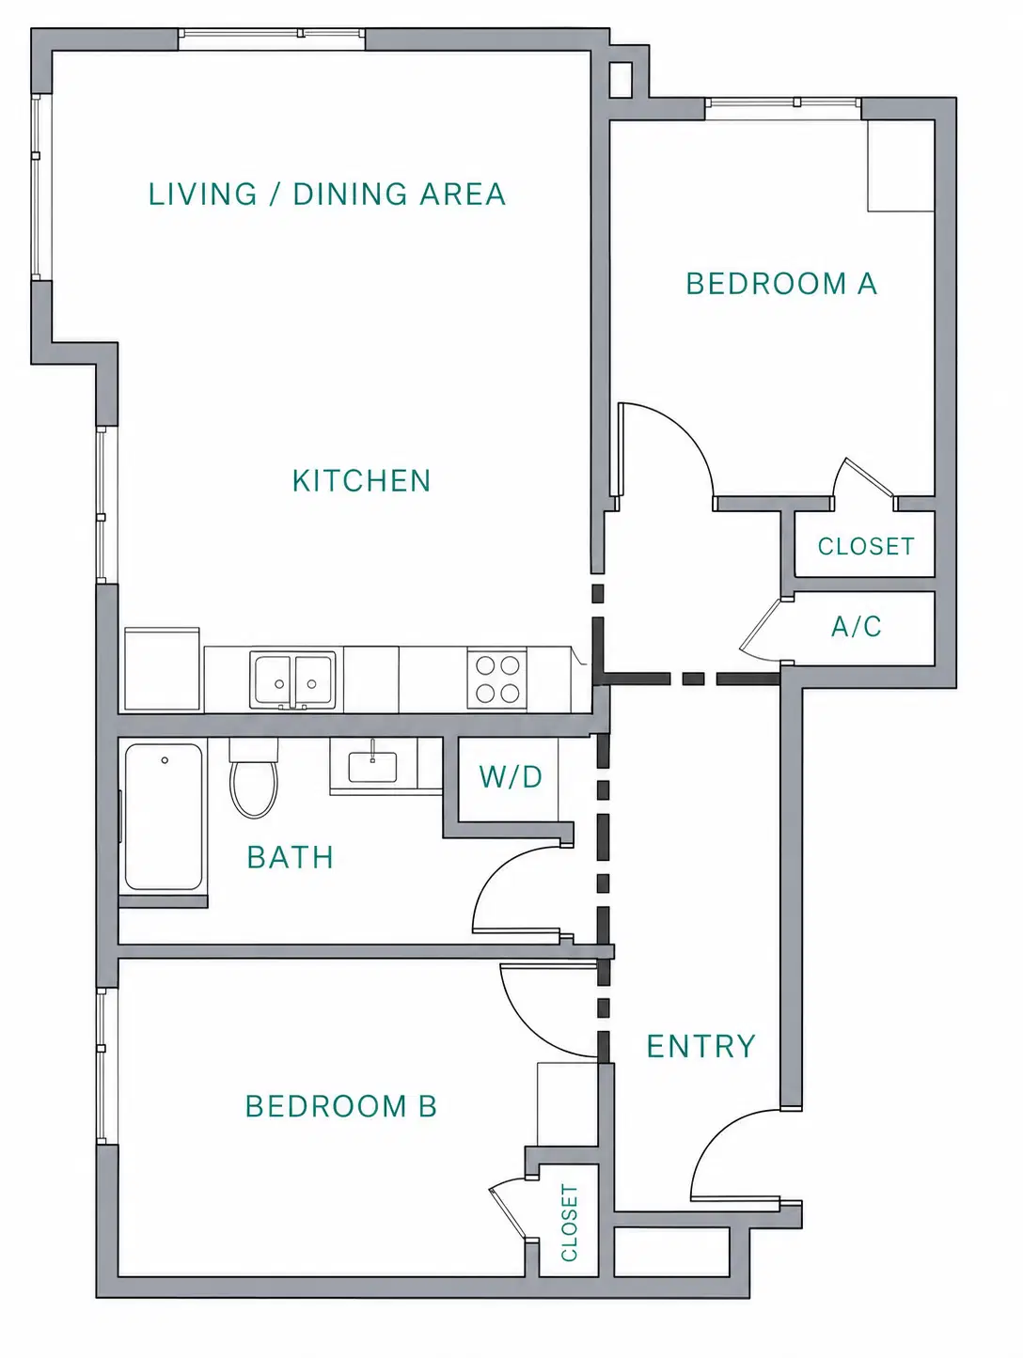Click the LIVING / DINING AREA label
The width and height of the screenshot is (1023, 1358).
(327, 195)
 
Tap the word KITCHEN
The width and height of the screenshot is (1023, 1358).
(361, 481)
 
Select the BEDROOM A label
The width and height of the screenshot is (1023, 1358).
(781, 284)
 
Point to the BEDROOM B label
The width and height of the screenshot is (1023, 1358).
(341, 1106)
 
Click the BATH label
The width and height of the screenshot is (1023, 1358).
(291, 857)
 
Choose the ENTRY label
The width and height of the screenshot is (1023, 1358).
(701, 1046)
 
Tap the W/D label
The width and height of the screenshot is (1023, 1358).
(511, 776)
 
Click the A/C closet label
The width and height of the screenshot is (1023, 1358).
(856, 627)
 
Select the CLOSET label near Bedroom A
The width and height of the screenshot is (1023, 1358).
(866, 546)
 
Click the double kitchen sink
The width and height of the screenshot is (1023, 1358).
(293, 679)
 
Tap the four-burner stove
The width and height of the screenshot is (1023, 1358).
(497, 679)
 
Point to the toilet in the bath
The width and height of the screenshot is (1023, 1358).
(253, 777)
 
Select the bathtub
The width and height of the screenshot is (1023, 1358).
(164, 818)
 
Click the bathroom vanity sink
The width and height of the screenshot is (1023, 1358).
(372, 767)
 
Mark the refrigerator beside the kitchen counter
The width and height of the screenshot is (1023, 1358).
(162, 669)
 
